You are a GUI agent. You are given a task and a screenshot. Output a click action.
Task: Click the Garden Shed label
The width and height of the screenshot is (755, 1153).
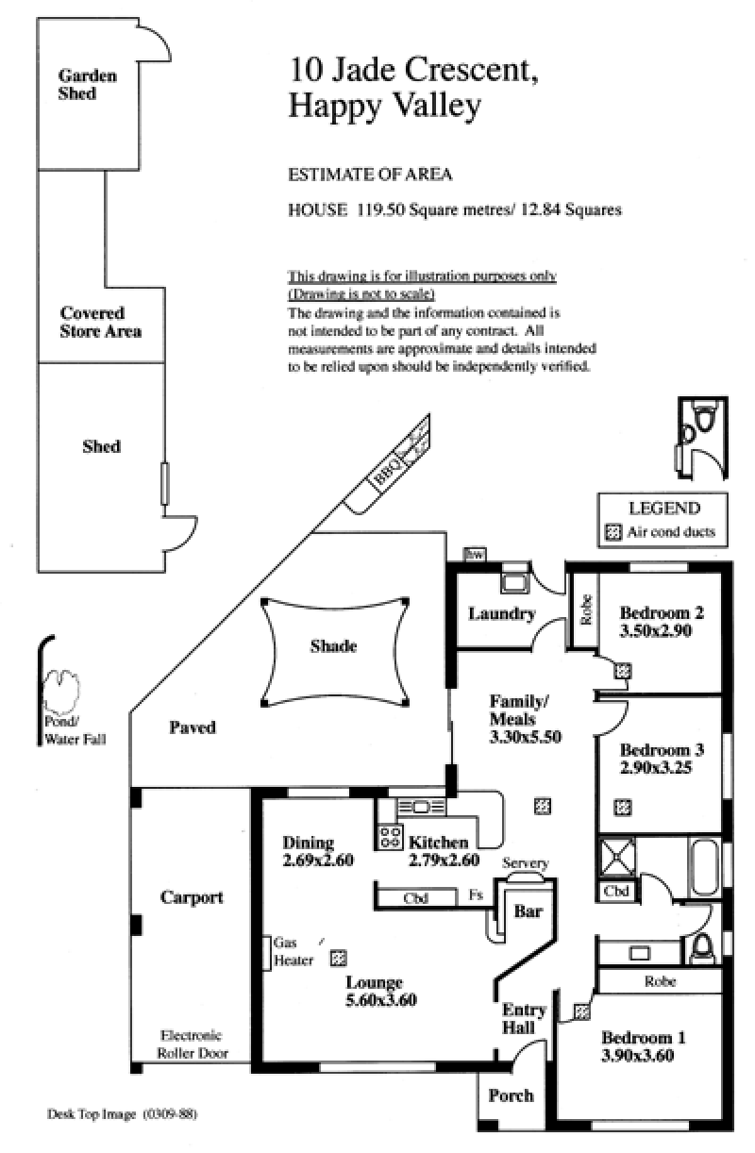pyautogui.click(x=87, y=84)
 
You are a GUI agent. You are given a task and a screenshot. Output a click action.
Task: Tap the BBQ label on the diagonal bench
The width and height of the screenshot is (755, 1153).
pyautogui.click(x=386, y=471)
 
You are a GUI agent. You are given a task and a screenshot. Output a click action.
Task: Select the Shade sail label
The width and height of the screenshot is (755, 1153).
pyautogui.click(x=333, y=646)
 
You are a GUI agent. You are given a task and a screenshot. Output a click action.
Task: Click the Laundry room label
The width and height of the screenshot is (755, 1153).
pyautogui.click(x=502, y=613)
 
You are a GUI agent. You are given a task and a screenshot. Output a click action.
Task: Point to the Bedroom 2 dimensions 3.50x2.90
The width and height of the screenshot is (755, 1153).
pyautogui.click(x=655, y=630)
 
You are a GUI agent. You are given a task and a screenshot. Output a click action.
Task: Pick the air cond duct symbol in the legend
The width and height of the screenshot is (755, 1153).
pyautogui.click(x=612, y=532)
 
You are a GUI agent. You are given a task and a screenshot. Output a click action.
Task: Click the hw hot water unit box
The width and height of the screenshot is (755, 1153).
pyautogui.click(x=475, y=554)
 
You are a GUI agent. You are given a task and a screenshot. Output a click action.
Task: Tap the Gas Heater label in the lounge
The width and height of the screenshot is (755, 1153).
pyautogui.click(x=294, y=951)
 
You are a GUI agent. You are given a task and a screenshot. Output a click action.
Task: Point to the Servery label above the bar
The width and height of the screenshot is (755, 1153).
pyautogui.click(x=525, y=863)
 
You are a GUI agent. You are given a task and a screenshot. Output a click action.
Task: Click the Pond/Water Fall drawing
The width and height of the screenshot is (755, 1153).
pyautogui.click(x=60, y=692)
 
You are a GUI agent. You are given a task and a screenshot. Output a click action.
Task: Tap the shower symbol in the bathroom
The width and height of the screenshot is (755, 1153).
pyautogui.click(x=616, y=858)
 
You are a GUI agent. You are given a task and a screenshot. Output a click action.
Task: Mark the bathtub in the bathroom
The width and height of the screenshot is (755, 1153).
pyautogui.click(x=704, y=868)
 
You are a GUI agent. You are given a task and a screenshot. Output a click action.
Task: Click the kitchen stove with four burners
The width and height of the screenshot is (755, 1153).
pyautogui.click(x=390, y=836)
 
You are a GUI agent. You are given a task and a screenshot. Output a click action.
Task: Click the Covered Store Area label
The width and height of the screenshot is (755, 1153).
pyautogui.click(x=100, y=322)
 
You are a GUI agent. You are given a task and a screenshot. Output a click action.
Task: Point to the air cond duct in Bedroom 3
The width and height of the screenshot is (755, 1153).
pyautogui.click(x=623, y=807)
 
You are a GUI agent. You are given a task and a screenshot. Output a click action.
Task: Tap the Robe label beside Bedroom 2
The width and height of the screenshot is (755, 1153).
pyautogui.click(x=586, y=610)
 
